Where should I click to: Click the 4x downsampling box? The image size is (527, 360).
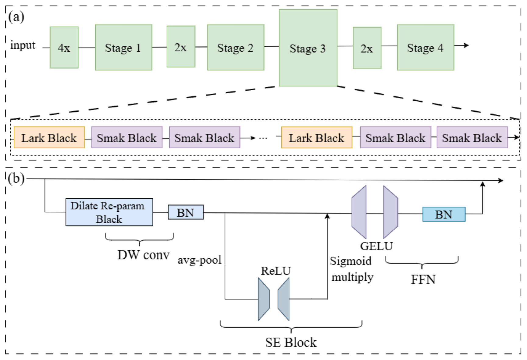(x=64, y=47)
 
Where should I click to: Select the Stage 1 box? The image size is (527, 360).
(x=123, y=47)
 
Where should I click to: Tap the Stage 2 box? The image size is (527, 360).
(x=236, y=47)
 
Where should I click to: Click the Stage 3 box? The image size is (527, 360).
(x=308, y=48)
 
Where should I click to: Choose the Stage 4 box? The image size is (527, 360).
(x=426, y=47)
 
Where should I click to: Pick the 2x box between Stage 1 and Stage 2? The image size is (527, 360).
(x=181, y=46)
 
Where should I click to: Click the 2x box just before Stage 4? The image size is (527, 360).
(x=367, y=48)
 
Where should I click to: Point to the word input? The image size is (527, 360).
(x=23, y=45)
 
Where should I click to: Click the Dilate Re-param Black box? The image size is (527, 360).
(x=109, y=212)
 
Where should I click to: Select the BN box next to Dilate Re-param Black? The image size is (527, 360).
(x=186, y=212)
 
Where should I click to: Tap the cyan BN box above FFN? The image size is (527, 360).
(x=444, y=214)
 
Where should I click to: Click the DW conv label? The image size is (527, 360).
(x=143, y=255)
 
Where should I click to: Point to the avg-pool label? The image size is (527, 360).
(x=199, y=260)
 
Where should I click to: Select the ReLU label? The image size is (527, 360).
(x=276, y=271)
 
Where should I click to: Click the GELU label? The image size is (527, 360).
(x=376, y=246)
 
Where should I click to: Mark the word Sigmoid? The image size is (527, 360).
(x=351, y=261)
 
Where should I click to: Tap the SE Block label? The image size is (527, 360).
(x=291, y=342)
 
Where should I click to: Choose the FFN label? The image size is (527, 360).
(x=423, y=279)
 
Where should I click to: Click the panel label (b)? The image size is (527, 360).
(x=16, y=178)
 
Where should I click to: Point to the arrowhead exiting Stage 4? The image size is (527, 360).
(x=466, y=45)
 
